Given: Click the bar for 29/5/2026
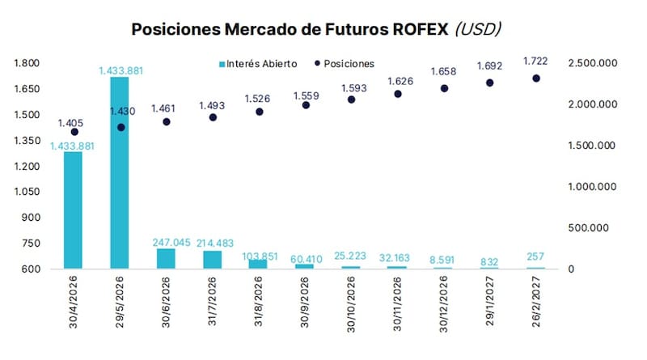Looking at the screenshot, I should click(121, 172).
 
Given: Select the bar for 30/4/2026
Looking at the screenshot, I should click(74, 210).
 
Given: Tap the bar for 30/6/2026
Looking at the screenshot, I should click(167, 258).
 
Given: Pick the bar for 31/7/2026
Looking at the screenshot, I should click(213, 260).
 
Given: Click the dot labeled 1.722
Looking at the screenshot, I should click(536, 78).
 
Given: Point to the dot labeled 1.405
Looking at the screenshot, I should click(74, 132).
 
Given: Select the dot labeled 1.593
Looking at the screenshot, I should click(351, 100).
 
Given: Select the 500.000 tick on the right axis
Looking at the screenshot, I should click(600, 228).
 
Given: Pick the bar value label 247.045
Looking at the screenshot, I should click(167, 241).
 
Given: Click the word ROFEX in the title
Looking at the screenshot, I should click(416, 29).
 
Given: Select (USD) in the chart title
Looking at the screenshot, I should click(477, 29).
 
